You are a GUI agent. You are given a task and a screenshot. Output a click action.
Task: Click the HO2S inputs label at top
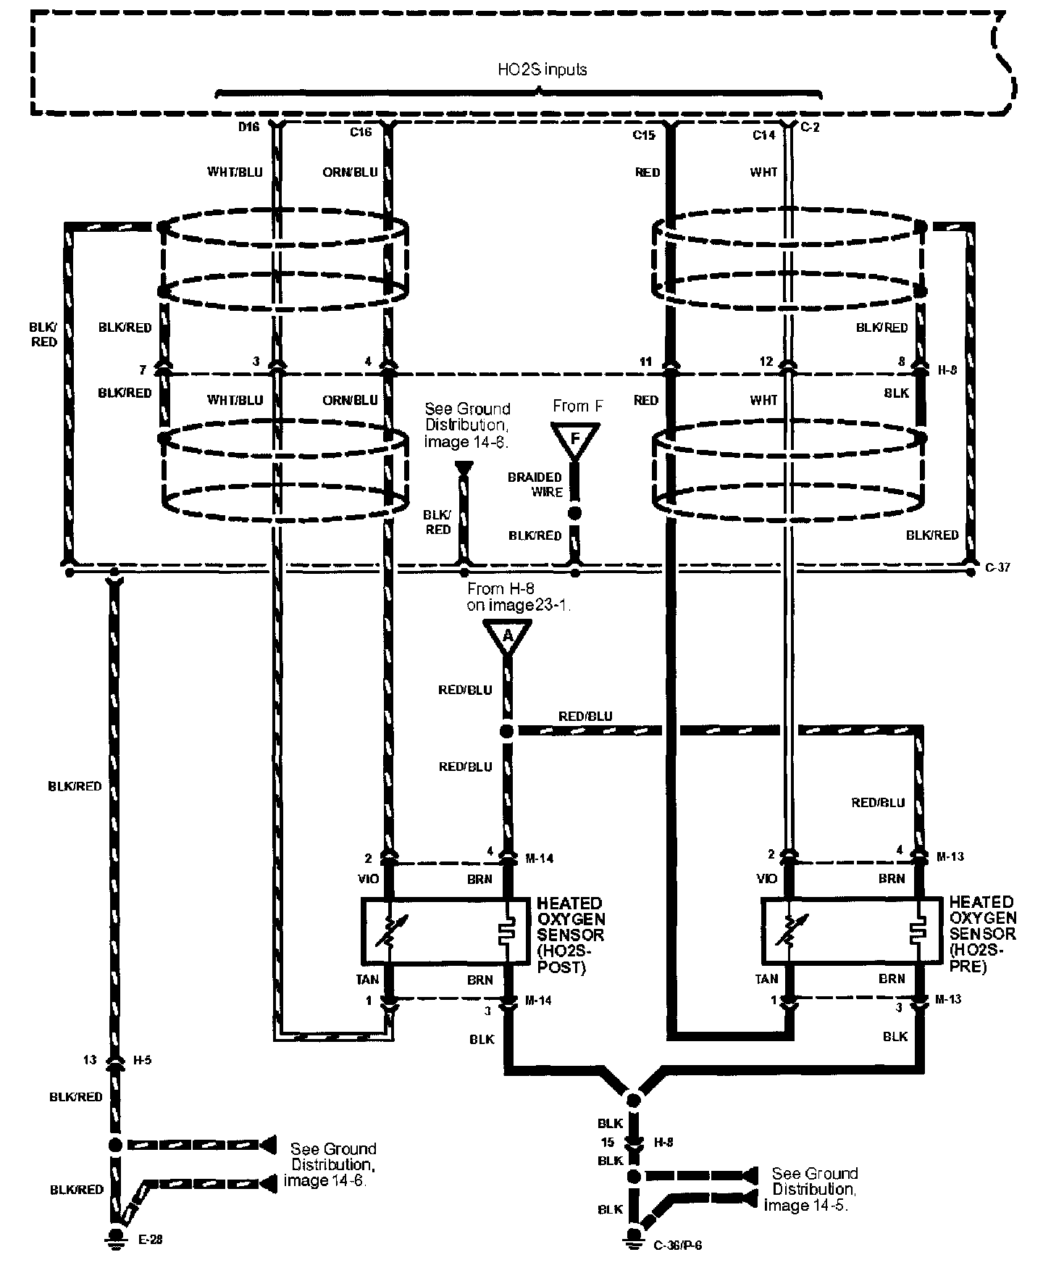click(x=542, y=70)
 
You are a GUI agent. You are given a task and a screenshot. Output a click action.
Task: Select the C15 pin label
click(x=643, y=134)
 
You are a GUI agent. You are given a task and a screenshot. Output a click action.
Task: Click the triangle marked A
click(x=507, y=637)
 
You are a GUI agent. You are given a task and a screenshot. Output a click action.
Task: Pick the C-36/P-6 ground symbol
click(x=634, y=1240)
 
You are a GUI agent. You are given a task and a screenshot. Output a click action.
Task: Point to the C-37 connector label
click(x=998, y=567)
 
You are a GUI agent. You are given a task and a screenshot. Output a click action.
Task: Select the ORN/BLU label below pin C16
click(x=351, y=172)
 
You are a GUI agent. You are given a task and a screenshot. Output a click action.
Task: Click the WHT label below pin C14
click(x=763, y=172)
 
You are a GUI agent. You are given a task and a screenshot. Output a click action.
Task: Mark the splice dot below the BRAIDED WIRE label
click(x=575, y=513)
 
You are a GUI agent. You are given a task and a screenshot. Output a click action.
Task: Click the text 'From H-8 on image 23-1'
click(x=519, y=597)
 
